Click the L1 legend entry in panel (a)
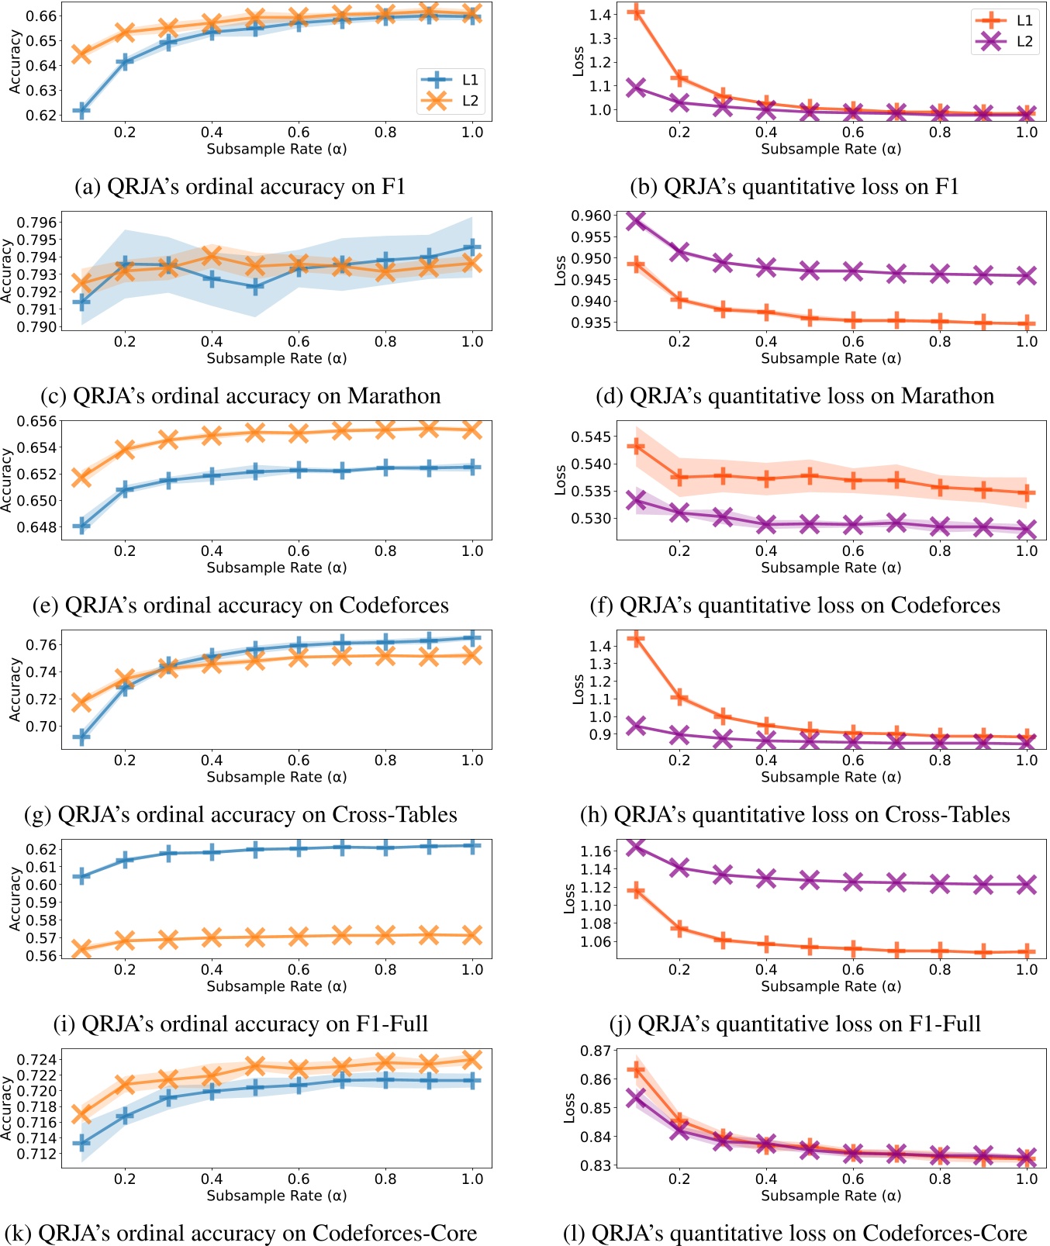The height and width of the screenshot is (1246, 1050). click(450, 80)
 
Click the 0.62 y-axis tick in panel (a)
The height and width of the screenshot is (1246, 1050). click(42, 116)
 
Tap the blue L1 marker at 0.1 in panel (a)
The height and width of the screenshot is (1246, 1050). click(81, 110)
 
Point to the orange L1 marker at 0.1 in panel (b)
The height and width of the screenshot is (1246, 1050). click(636, 12)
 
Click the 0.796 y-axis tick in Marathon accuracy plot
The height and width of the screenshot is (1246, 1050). click(36, 223)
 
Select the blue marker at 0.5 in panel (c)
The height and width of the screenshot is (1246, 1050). click(255, 287)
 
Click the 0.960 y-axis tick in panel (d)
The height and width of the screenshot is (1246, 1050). click(591, 216)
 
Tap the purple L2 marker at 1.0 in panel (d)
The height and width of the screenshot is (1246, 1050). click(1027, 275)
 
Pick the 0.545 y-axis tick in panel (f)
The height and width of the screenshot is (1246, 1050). click(591, 437)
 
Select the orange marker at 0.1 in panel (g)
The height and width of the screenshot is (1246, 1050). click(81, 702)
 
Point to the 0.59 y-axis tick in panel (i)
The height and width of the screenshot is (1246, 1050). click(42, 903)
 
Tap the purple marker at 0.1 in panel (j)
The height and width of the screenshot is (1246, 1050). click(636, 846)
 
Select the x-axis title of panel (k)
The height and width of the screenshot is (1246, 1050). click(276, 1196)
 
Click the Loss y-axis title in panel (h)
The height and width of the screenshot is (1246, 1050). click(578, 689)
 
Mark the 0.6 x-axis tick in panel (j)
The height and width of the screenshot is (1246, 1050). click(853, 969)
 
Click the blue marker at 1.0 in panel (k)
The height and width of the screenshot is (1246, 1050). click(471, 1080)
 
